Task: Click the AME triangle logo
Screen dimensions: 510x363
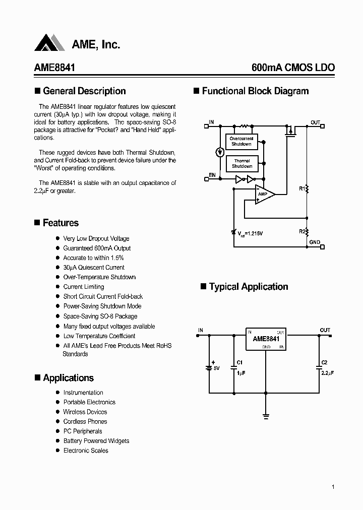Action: [x=49, y=43]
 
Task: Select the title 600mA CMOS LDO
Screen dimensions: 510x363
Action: [x=292, y=68]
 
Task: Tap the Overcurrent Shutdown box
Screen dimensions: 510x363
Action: [x=241, y=141]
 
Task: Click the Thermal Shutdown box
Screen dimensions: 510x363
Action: [x=242, y=163]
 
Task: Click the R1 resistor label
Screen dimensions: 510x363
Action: [x=301, y=188]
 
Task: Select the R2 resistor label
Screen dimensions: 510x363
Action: [x=301, y=231]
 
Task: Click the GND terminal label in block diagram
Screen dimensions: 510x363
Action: [x=314, y=242]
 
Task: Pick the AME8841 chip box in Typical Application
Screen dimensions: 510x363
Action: [x=266, y=339]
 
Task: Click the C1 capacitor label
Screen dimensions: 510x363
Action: [x=239, y=362]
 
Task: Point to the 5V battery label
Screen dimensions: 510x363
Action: [x=216, y=368]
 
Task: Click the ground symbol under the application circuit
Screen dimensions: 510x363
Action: [x=266, y=416]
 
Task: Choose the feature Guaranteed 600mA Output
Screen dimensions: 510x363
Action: [x=97, y=248]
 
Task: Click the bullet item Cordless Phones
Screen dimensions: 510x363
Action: [x=85, y=421]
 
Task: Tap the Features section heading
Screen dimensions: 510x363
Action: [x=60, y=223]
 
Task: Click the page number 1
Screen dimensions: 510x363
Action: [x=333, y=487]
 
